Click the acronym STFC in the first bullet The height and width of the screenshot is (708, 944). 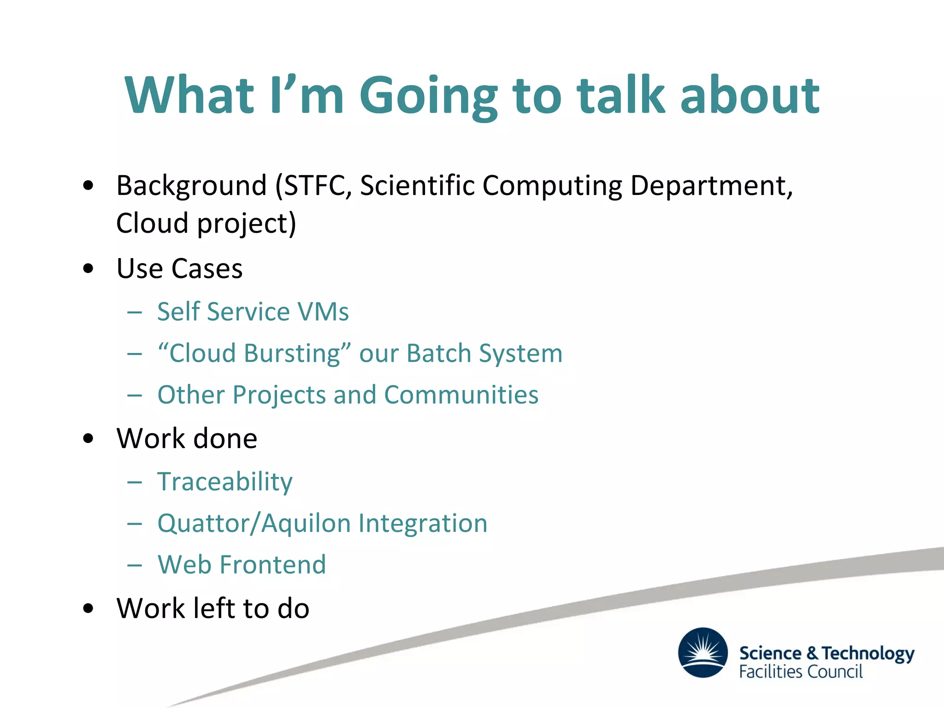(x=313, y=185)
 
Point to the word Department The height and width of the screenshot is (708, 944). (x=711, y=186)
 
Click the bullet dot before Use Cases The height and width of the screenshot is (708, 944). (x=88, y=269)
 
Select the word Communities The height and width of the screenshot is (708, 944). (x=461, y=395)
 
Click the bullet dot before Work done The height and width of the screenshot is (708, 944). (x=88, y=439)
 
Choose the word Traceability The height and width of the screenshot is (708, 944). (x=225, y=482)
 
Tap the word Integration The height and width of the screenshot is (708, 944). (x=423, y=524)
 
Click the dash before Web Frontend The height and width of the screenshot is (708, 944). (x=135, y=565)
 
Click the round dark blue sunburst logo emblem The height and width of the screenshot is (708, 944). (x=703, y=652)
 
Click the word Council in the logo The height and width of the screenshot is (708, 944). (x=836, y=672)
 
